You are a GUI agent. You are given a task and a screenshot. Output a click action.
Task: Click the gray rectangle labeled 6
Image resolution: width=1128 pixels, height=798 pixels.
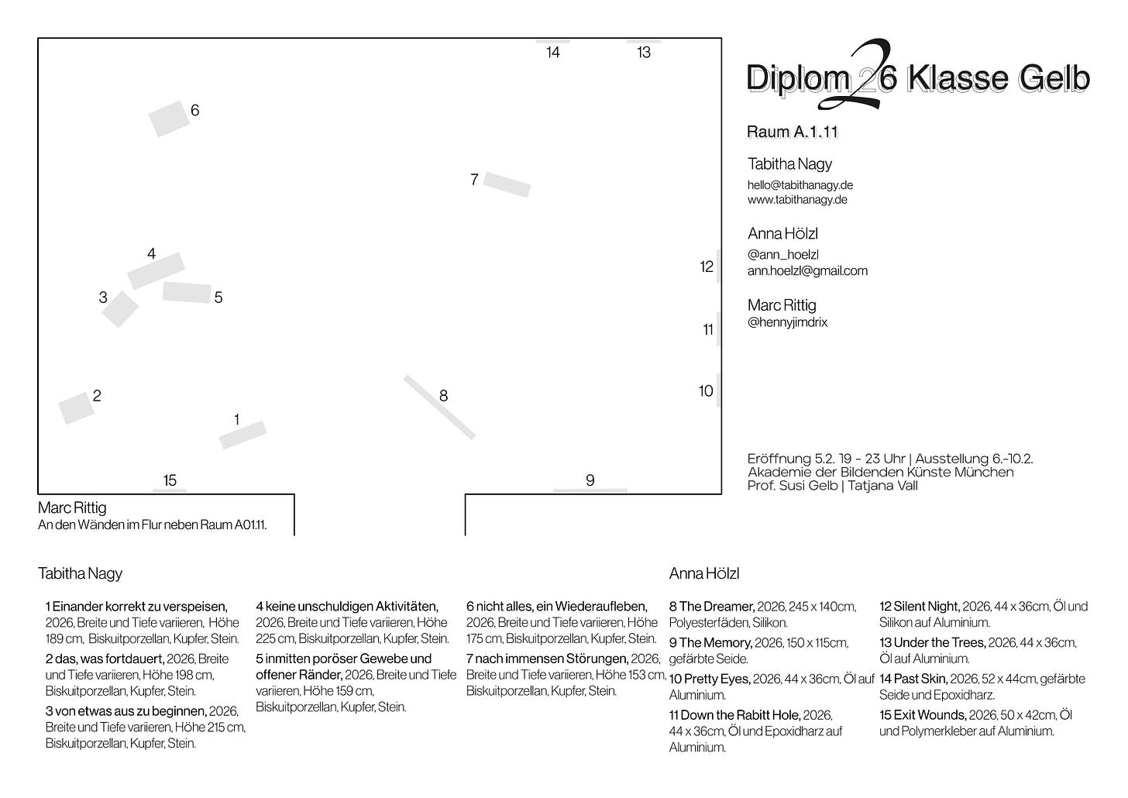(x=169, y=119)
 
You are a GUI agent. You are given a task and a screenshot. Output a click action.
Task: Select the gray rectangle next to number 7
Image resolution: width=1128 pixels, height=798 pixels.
(x=507, y=184)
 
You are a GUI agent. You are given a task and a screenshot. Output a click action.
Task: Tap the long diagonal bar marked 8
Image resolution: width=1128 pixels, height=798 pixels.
(x=439, y=408)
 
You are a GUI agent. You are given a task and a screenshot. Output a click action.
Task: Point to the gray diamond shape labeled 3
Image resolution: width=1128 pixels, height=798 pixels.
(x=120, y=309)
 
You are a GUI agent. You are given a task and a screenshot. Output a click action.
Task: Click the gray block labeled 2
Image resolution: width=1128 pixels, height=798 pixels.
(x=76, y=408)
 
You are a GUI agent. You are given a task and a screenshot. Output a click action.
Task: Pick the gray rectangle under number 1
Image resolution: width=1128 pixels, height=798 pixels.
(x=242, y=435)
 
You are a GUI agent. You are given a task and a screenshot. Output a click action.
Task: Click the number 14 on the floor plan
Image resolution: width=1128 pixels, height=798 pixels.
(x=553, y=53)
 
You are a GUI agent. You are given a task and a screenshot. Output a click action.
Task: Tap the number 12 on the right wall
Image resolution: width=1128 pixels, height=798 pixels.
(x=707, y=267)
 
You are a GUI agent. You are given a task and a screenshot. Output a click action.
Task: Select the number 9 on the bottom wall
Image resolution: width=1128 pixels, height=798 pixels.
(x=590, y=480)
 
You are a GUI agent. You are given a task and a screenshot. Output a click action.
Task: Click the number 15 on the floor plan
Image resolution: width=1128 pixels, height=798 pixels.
(x=170, y=480)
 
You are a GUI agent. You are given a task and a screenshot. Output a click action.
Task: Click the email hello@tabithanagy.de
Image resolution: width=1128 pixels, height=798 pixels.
(x=800, y=185)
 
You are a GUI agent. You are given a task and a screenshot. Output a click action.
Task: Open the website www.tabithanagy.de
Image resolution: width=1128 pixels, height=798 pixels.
(x=797, y=200)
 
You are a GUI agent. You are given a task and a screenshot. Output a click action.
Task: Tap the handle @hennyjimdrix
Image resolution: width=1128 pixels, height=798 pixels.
(x=787, y=322)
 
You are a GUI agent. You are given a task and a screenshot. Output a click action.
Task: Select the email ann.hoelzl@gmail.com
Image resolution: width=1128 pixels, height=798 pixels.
(x=807, y=271)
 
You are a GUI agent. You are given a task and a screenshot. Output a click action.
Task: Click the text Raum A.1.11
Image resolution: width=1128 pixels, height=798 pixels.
(x=792, y=132)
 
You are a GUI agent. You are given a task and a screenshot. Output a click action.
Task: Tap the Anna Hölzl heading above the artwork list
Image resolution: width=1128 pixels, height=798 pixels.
(x=704, y=574)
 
